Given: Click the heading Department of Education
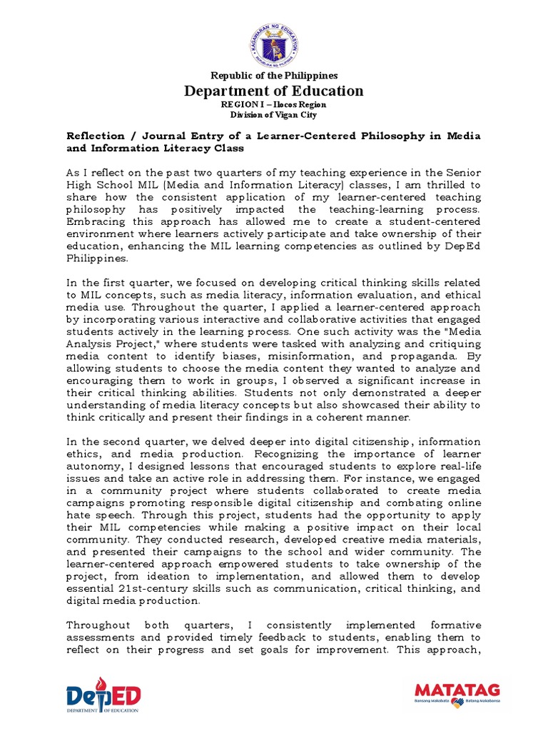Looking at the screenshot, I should coord(274,91).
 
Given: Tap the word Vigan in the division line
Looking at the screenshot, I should coord(292,114).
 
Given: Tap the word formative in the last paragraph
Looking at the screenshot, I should coord(452,625).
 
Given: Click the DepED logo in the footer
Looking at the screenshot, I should coord(103,695).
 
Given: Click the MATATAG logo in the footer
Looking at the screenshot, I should coord(457,692).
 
